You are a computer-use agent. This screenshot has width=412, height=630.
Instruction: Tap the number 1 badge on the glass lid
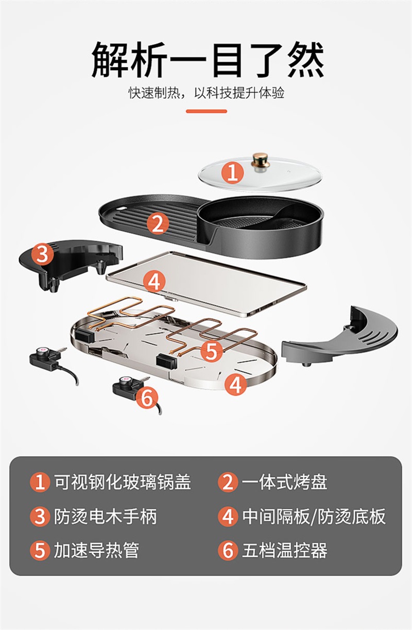pos(232,172)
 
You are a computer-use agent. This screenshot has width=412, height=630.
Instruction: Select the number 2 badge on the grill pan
pos(158,223)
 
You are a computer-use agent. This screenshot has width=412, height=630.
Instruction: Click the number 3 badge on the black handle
pos(42,254)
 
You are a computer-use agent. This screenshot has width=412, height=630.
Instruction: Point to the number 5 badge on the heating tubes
pos(211,351)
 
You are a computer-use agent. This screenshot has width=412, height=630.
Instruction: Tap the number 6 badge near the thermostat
pos(147,397)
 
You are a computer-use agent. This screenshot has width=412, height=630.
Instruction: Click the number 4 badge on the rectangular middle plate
pos(154,281)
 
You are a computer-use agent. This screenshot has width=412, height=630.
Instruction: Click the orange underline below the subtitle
pos(207,111)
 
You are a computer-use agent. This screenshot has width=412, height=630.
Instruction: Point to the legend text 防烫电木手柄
pos(105,516)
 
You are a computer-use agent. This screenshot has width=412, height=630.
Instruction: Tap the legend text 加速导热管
pos(96,550)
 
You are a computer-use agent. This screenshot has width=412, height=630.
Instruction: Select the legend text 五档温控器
pos(284,550)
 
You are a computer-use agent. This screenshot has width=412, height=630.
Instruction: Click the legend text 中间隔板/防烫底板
pos(314,516)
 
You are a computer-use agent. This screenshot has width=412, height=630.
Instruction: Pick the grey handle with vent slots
pos(340,338)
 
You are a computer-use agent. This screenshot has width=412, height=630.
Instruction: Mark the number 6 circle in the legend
pos(228,550)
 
